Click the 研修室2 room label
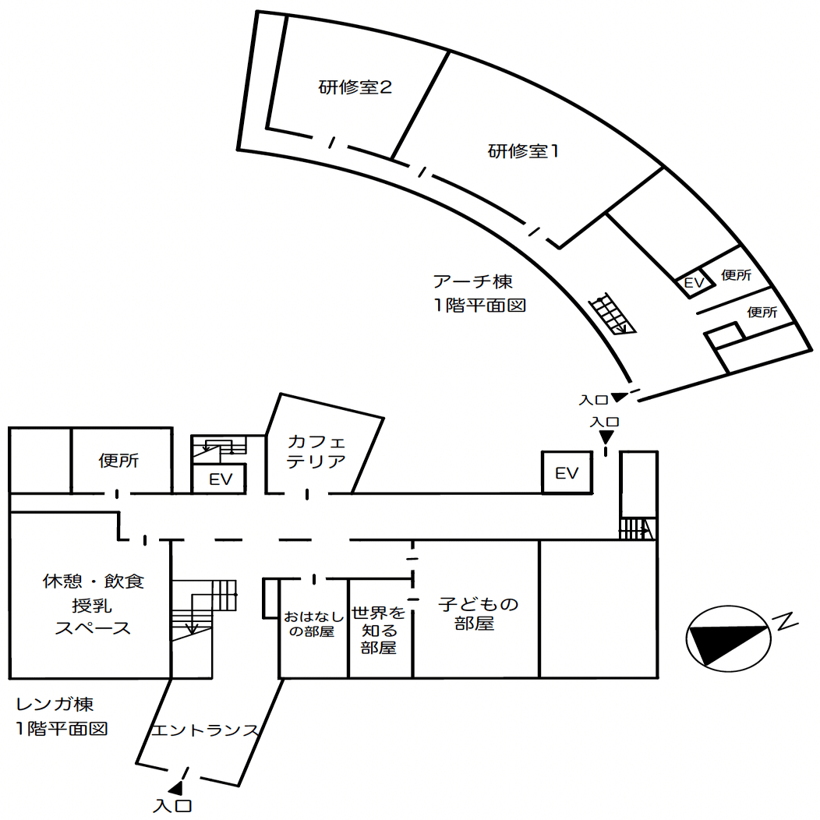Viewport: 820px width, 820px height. click(x=355, y=87)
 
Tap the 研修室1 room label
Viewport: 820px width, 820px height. click(x=523, y=151)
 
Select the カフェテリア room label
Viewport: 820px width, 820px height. click(x=316, y=451)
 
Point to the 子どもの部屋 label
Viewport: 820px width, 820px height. click(x=478, y=613)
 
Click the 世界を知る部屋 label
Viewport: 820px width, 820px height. click(x=379, y=630)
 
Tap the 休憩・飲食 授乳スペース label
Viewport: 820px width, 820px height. click(x=93, y=605)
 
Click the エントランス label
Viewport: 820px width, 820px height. click(x=204, y=730)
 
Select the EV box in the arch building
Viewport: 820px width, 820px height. click(x=695, y=282)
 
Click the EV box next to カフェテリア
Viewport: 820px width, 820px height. click(x=220, y=479)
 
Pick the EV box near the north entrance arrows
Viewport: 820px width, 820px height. click(x=567, y=472)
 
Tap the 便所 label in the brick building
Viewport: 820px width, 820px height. click(x=118, y=460)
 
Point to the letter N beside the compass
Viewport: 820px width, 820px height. click(x=786, y=621)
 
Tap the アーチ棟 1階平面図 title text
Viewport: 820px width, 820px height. click(x=479, y=293)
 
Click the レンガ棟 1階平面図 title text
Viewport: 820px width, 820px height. click(x=62, y=716)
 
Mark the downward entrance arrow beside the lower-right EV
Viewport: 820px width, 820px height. click(x=606, y=437)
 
